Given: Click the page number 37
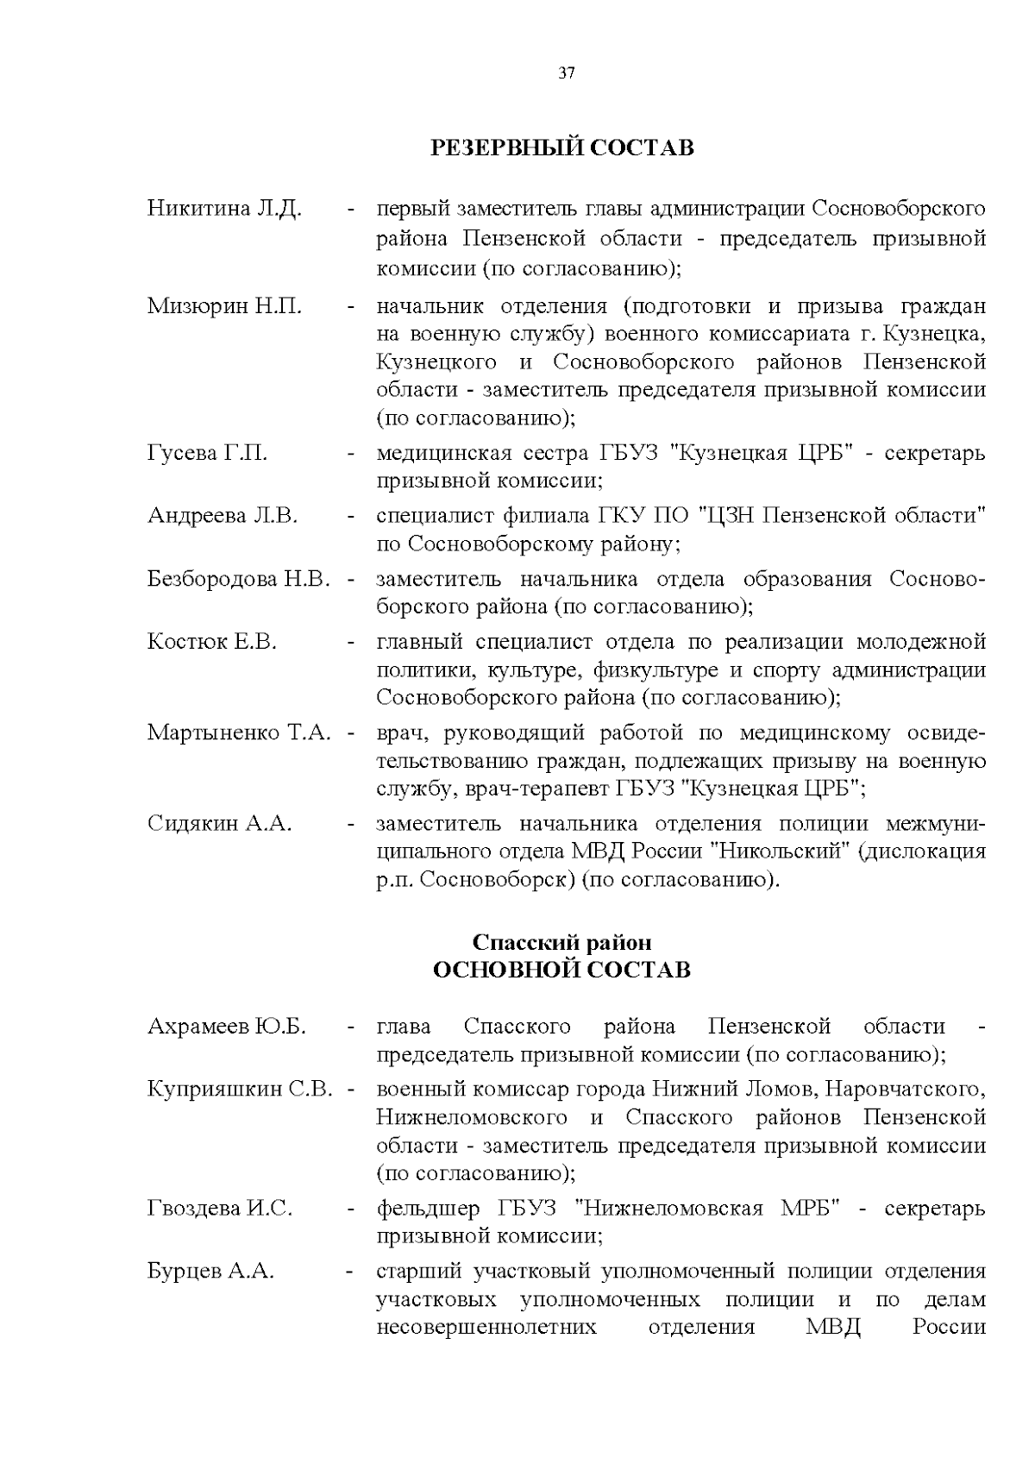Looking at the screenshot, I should [x=566, y=72].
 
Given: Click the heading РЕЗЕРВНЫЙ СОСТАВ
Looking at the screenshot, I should [x=561, y=148].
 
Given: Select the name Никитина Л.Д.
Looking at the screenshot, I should [x=224, y=210].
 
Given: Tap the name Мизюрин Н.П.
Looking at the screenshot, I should [x=224, y=306].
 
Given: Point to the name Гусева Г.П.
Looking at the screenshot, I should [x=207, y=453].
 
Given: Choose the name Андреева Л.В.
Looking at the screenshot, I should [x=223, y=516].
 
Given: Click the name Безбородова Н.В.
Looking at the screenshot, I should [x=239, y=579].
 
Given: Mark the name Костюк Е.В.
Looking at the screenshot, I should [x=212, y=642].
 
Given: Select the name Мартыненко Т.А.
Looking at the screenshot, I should [x=239, y=733].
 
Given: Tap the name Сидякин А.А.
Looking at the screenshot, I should [x=220, y=824].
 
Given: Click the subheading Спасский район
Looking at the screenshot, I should [x=561, y=943].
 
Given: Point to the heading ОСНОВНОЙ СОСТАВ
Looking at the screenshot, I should [x=561, y=971].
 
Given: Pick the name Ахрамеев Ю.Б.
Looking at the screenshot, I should [x=227, y=1027].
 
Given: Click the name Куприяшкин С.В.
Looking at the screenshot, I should [x=240, y=1090].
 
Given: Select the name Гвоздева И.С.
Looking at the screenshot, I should [x=220, y=1209].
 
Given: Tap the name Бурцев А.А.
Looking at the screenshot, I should [x=210, y=1272].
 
